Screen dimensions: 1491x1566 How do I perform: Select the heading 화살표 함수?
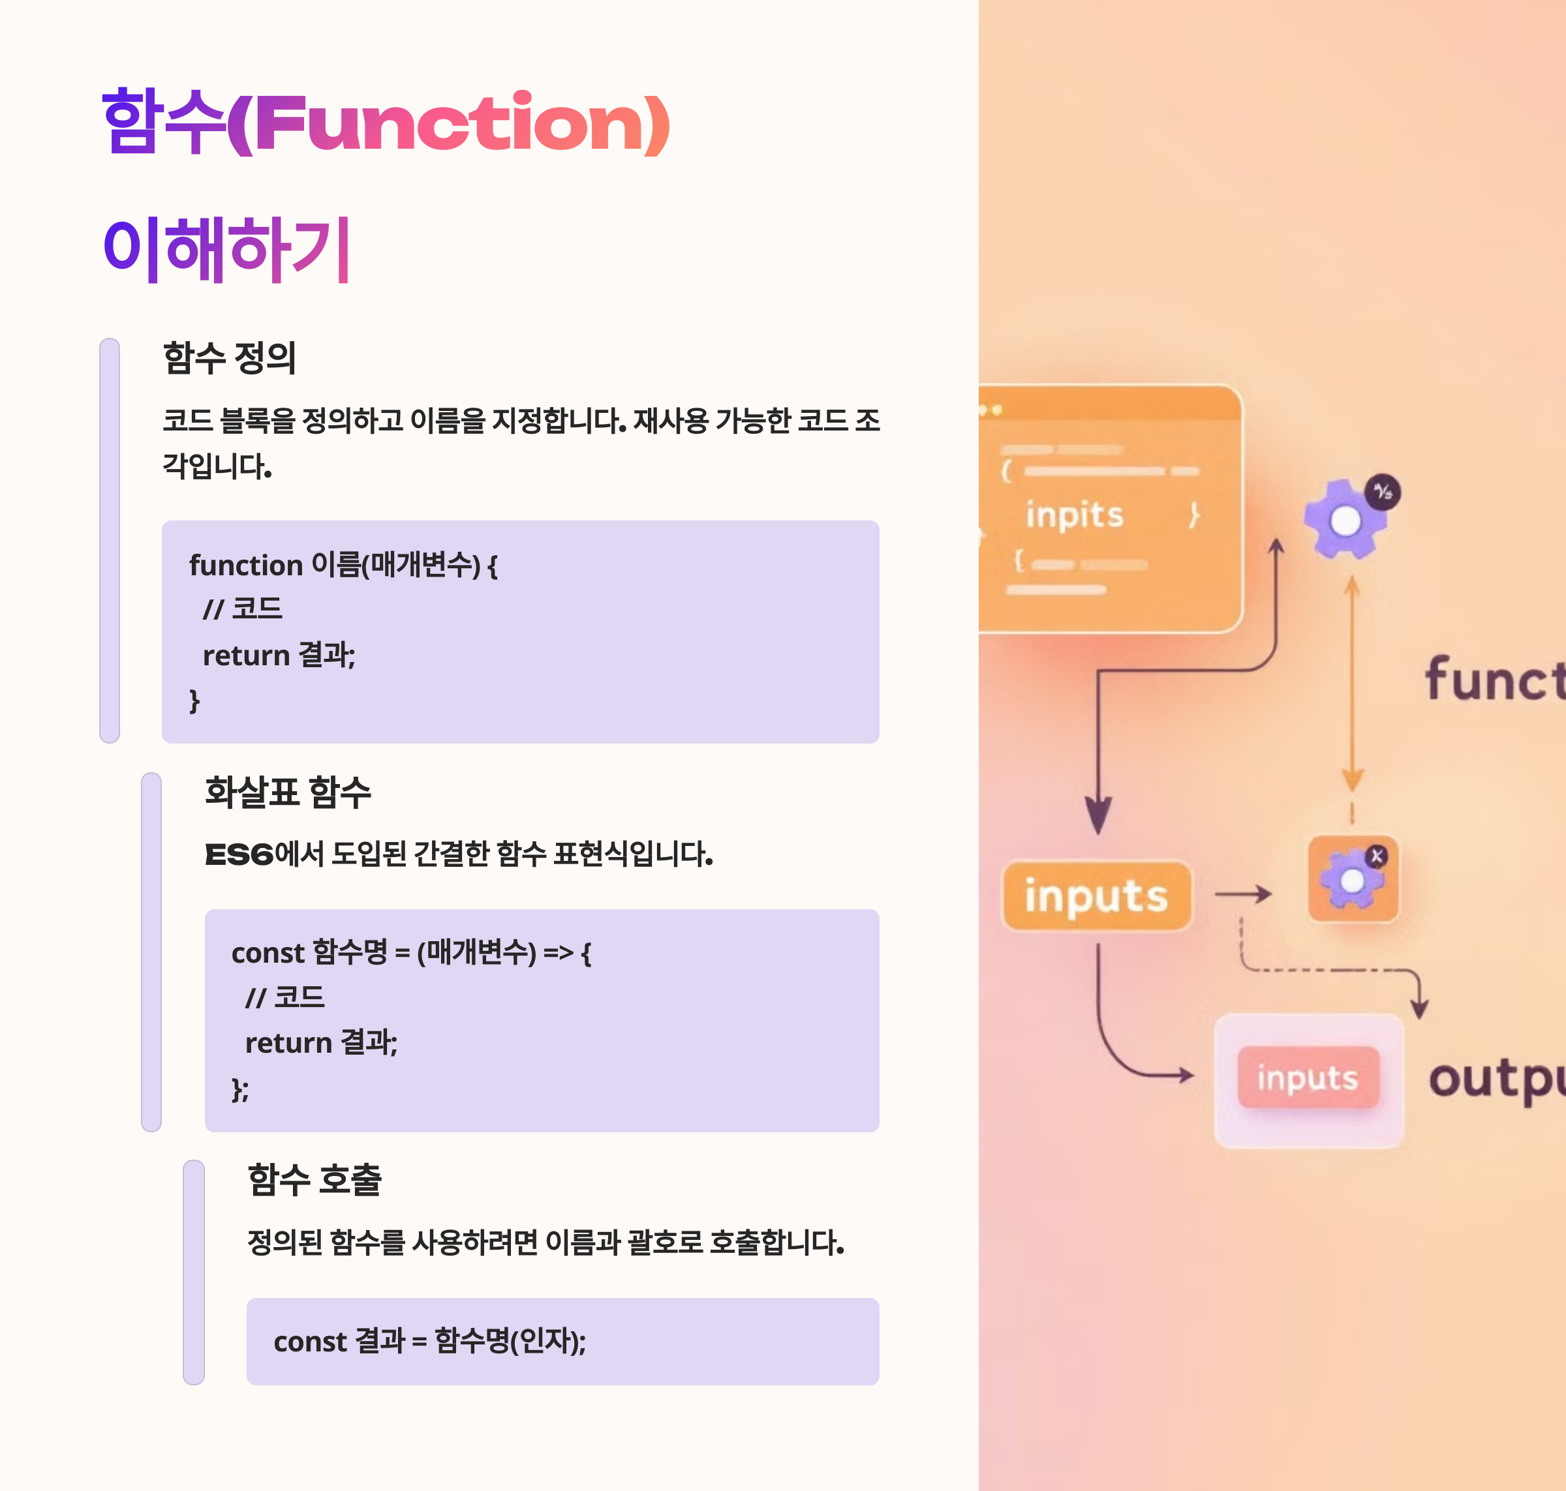[288, 792]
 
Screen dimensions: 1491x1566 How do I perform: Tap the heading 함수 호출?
[315, 1179]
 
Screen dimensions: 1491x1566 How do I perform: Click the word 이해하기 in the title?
[226, 250]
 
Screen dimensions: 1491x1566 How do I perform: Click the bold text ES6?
[238, 855]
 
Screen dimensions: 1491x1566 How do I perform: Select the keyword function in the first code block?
[245, 565]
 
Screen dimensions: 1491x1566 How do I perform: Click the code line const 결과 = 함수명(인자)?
[429, 1342]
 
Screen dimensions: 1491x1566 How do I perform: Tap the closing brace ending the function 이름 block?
[194, 700]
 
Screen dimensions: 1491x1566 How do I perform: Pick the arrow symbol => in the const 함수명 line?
[558, 952]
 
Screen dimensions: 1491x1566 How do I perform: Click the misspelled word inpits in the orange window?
[1075, 515]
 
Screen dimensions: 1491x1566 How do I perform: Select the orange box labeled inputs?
[1096, 896]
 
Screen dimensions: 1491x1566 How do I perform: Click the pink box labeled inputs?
[1308, 1077]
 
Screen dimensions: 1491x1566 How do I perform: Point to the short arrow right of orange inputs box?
[1242, 894]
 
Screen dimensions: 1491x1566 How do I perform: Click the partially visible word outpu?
[1494, 1079]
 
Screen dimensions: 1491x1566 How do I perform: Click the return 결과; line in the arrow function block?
[321, 1043]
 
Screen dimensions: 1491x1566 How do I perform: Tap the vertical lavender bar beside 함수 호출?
[194, 1272]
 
